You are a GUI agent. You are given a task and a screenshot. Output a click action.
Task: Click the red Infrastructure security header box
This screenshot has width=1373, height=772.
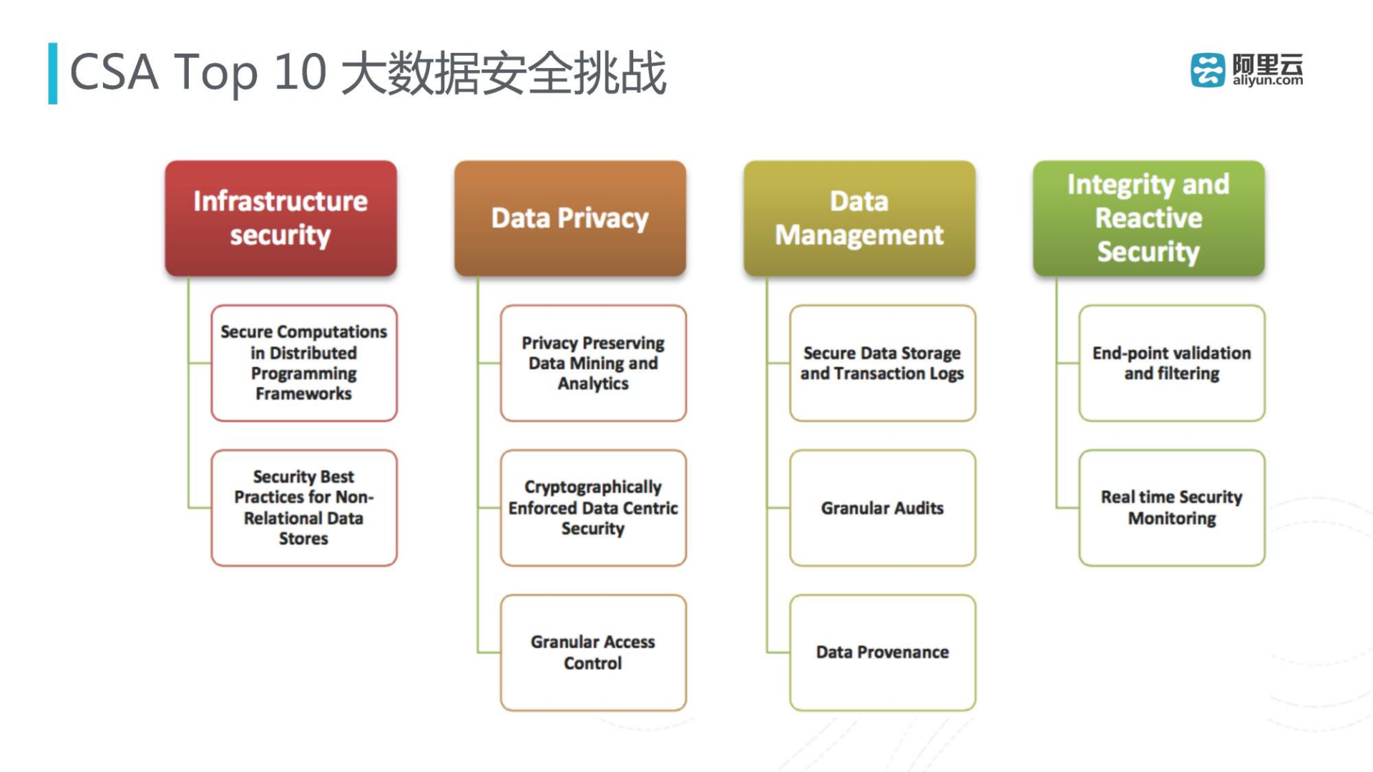280,218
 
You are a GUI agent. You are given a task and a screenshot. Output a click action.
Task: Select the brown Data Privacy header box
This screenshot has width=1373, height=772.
570,218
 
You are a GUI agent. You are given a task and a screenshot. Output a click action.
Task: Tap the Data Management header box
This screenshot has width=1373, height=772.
859,218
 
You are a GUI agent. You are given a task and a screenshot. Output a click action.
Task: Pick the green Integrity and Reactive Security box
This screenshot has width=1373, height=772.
1148,218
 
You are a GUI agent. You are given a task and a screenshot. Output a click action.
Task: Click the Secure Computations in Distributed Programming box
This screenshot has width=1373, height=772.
303,363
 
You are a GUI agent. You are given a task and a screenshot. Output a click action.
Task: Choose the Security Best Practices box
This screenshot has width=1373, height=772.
303,507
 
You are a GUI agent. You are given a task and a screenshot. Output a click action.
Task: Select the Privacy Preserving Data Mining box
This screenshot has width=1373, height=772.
593,363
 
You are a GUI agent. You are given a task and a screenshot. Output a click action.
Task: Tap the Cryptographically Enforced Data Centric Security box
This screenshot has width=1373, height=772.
593,507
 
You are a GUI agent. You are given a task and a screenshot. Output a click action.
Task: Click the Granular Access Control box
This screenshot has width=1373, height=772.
593,652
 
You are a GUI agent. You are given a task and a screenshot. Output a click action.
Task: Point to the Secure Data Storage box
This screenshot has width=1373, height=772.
882,363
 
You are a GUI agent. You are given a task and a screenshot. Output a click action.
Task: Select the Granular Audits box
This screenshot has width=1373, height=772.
882,507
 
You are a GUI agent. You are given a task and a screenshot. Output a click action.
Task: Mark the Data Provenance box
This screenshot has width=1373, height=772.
882,652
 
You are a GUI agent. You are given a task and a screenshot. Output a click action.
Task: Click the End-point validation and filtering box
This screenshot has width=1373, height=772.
1171,363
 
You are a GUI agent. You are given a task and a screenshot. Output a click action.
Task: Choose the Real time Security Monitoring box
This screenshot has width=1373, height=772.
1171,507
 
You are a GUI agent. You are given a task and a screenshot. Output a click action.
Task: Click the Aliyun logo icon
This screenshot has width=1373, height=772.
1207,70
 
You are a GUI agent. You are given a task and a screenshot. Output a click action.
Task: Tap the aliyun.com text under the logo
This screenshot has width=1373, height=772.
1267,81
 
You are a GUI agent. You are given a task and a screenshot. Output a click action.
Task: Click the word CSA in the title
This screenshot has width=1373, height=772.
114,72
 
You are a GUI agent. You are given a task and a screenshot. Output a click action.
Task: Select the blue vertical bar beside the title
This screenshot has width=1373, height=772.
52,73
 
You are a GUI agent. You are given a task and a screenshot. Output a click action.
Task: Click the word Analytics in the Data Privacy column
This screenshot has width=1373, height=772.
593,383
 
